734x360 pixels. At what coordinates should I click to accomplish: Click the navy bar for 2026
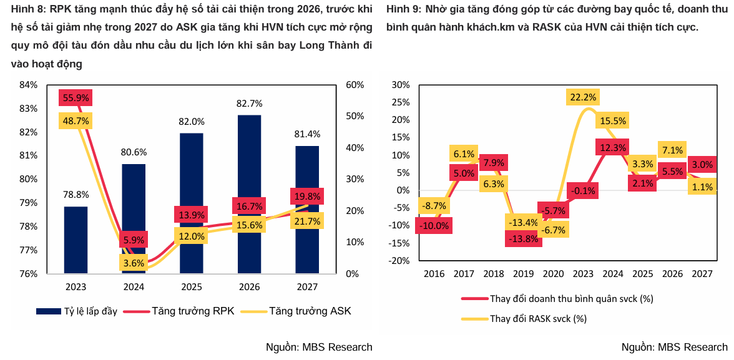click(x=249, y=194)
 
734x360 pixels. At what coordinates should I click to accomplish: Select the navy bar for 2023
click(x=76, y=240)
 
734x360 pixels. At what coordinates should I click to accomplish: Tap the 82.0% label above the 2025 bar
click(x=192, y=121)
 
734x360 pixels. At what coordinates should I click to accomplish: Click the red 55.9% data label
click(x=76, y=98)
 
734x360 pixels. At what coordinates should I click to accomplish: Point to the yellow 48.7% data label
click(x=76, y=121)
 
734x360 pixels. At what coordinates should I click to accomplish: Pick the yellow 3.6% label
click(x=134, y=263)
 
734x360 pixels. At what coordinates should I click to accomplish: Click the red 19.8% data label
click(x=307, y=196)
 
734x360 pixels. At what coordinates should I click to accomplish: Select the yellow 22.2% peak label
click(x=583, y=97)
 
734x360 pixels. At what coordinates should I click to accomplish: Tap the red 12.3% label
click(x=612, y=148)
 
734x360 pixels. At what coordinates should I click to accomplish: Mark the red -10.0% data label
click(x=434, y=226)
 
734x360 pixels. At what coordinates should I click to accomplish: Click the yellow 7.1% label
click(x=673, y=150)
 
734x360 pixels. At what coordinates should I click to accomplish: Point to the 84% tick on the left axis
click(x=28, y=85)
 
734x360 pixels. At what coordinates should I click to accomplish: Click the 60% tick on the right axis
click(x=355, y=85)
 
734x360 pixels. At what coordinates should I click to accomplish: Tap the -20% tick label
click(x=398, y=261)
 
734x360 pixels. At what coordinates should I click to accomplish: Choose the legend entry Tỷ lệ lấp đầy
click(x=77, y=311)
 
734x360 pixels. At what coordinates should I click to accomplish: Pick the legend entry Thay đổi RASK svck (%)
click(x=524, y=319)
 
